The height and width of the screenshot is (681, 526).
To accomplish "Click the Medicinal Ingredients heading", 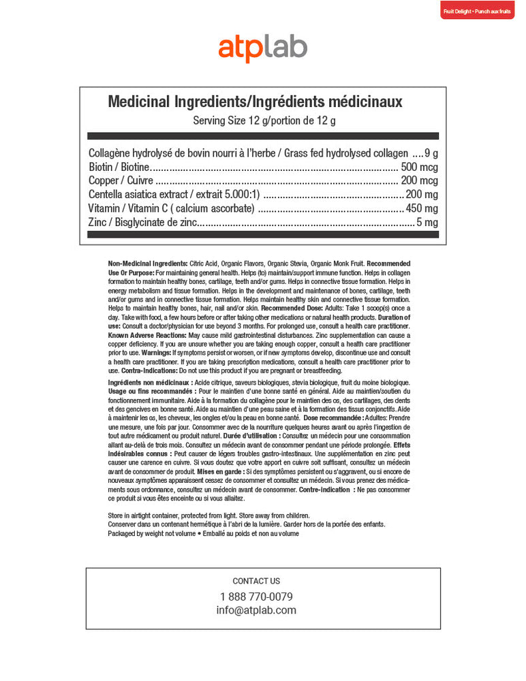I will (x=256, y=102).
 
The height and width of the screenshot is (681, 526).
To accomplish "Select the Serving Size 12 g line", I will (x=264, y=121).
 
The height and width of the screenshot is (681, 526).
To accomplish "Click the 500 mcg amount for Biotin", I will (x=419, y=168).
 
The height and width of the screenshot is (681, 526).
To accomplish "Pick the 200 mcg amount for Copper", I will (x=419, y=181).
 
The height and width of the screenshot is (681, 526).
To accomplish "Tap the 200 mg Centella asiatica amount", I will (x=422, y=195).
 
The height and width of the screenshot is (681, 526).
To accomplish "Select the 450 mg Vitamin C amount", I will (x=422, y=208).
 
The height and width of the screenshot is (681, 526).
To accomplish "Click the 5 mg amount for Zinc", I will (x=427, y=222).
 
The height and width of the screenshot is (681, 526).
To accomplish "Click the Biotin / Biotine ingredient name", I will (x=118, y=168).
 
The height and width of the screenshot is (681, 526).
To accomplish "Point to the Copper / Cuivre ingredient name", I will (x=121, y=181).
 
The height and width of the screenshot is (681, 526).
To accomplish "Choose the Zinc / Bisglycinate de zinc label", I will (x=143, y=222).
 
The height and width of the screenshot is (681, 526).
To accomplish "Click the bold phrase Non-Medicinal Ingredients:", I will (x=148, y=263).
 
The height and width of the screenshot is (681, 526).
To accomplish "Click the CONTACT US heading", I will (x=256, y=581).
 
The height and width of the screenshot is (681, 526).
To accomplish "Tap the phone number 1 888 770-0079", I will (x=256, y=597).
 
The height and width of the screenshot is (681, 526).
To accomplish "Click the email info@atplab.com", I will (x=256, y=610).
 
